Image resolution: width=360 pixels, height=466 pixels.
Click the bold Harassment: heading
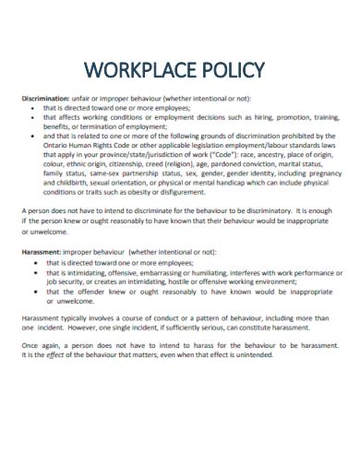[x=40, y=252]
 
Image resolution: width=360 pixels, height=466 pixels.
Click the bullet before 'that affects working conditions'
[x=32, y=117]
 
